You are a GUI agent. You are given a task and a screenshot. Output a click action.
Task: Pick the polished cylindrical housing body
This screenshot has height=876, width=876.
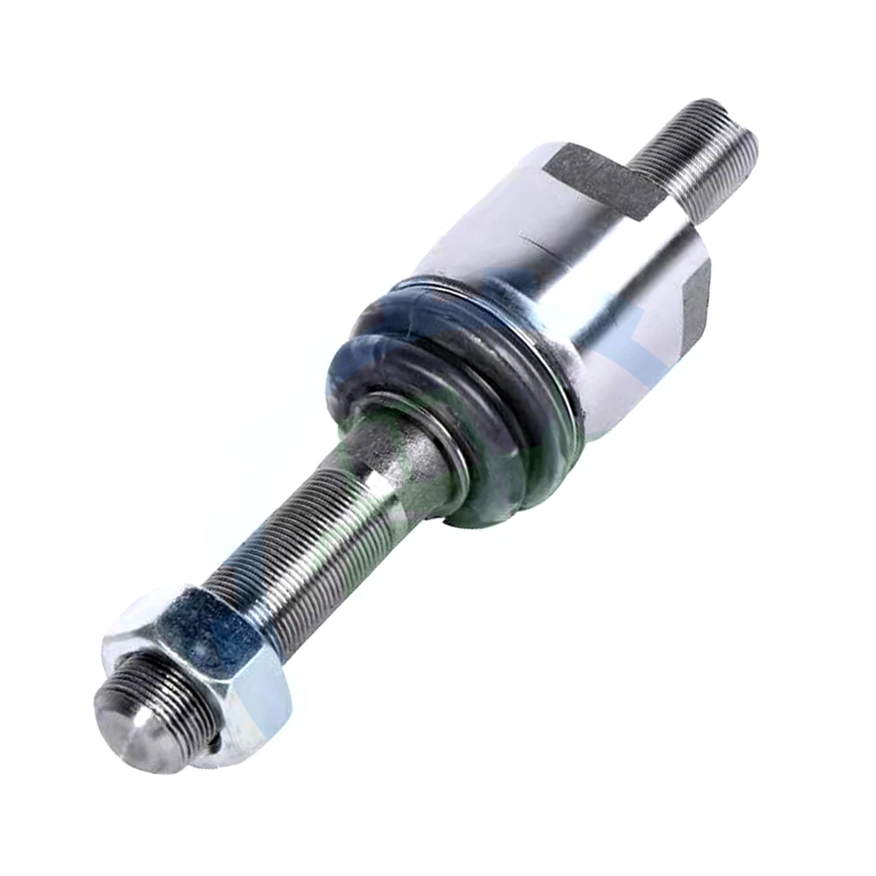pyautogui.click(x=569, y=263)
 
